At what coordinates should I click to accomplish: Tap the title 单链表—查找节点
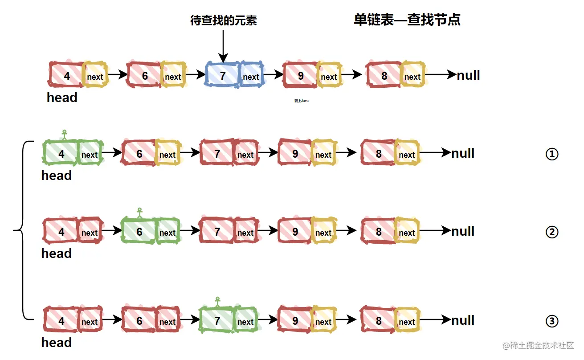407,20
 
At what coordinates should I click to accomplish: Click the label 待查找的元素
223,20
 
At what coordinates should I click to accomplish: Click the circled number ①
552,154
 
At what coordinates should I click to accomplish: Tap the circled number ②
552,232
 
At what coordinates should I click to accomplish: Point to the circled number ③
552,321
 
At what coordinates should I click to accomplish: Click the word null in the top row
468,75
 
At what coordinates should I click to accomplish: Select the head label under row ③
57,343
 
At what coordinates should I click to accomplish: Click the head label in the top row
62,98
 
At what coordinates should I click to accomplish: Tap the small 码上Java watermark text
301,101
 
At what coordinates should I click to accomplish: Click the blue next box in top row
251,76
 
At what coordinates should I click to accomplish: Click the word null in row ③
463,320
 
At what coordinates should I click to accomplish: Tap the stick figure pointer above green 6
139,213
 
